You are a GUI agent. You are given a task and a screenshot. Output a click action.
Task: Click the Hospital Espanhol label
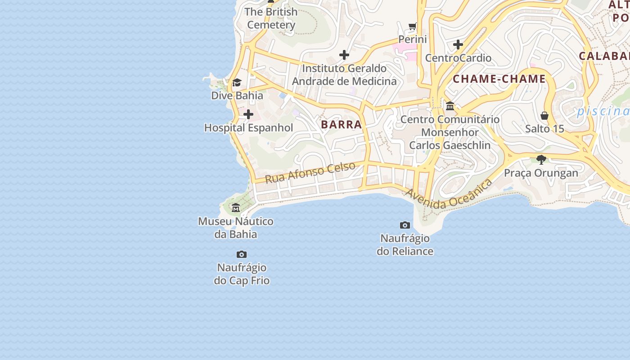coord(248,128)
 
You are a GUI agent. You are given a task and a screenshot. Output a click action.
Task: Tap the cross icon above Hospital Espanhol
coord(248,114)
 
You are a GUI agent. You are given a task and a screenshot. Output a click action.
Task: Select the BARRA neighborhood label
coord(342,125)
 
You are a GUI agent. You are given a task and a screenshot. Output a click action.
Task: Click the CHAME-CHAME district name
coord(499,79)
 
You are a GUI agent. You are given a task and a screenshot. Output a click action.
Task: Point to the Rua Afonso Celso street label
coord(310,172)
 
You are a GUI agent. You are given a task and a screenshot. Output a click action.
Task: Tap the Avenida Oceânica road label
coord(449,195)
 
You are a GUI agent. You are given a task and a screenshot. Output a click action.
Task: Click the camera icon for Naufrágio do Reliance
coord(405,225)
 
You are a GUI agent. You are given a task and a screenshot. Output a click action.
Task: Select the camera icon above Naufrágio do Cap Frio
coord(242,255)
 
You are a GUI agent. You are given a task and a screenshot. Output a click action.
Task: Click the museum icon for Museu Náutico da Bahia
coord(236,207)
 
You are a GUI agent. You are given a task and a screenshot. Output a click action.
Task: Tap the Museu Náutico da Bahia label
coord(236,228)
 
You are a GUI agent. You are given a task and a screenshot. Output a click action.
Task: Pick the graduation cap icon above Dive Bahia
coord(237,82)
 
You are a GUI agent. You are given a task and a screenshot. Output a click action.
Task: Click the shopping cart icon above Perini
coord(413,27)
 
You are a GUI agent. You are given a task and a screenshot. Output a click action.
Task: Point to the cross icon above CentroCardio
coord(458,45)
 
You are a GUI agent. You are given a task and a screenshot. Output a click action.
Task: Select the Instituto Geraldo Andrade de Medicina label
coord(344,75)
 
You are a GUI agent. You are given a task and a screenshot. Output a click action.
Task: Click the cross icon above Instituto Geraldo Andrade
coord(344,55)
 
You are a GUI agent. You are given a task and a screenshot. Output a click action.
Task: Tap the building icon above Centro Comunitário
coord(450,106)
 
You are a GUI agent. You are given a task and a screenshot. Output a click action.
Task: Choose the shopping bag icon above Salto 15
coord(544,116)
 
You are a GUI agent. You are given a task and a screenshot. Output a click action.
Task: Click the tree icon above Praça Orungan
coord(541,159)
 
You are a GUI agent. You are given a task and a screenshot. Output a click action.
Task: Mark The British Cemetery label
coord(271,18)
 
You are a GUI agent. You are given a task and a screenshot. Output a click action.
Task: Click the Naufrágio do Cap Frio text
coord(242,274)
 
